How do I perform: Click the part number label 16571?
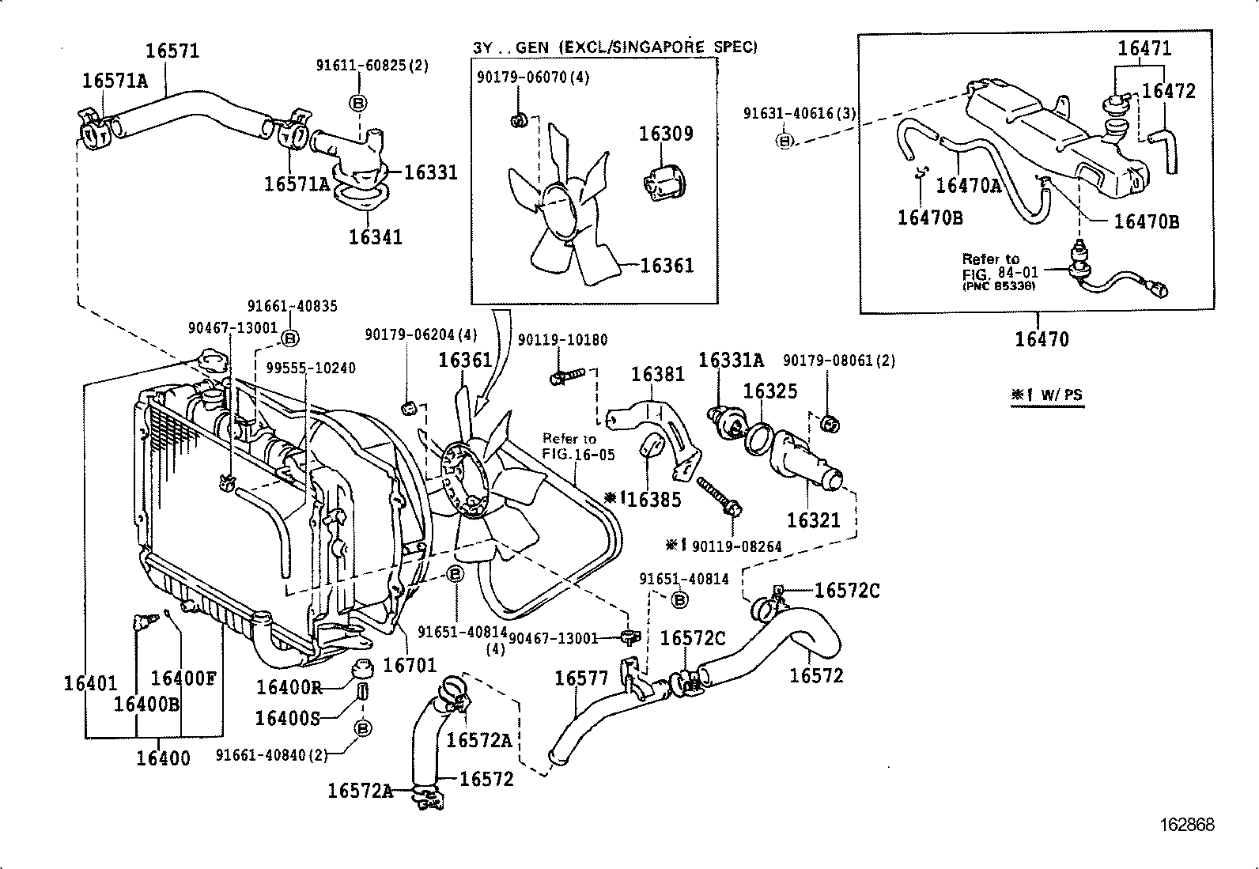pos(172,51)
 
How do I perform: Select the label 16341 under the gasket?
pos(376,236)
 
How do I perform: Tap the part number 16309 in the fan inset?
pos(666,134)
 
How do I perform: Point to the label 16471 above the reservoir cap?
pos(1144,48)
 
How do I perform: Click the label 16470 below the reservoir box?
pos(1042,339)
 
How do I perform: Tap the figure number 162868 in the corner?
pos(1186,825)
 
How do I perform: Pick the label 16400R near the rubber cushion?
pos(289,686)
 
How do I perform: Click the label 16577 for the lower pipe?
pos(581,678)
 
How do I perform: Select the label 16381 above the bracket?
pos(657,374)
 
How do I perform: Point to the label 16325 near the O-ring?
pos(769,391)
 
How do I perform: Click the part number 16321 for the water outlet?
pos(813,520)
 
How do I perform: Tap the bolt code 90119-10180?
pos(562,340)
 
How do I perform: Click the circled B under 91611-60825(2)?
pos(357,103)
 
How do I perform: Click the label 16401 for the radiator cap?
pos(90,683)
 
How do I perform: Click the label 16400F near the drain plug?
pos(183,678)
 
